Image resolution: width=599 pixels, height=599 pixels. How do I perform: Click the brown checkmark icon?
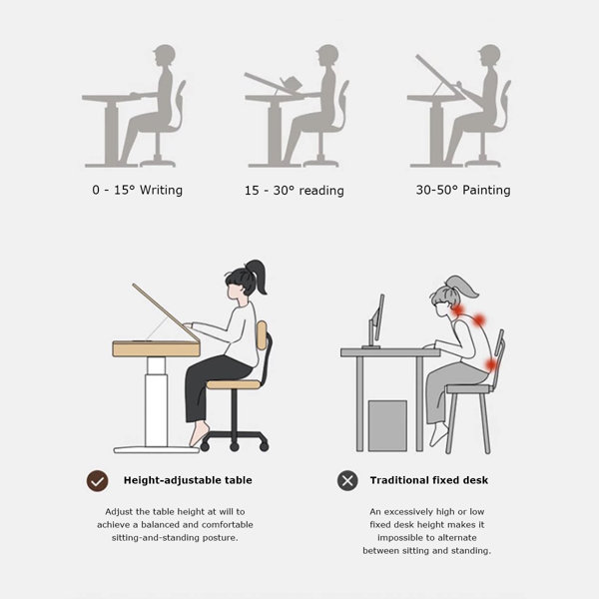tap(97, 480)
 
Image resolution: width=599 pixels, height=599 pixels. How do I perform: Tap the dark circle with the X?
tap(347, 480)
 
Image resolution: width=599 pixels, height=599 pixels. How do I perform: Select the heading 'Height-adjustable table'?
tap(188, 480)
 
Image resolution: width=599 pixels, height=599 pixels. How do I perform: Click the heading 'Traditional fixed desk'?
tap(428, 480)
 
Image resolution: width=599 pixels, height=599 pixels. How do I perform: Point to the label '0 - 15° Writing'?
tap(137, 190)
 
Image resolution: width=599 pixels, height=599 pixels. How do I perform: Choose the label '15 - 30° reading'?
tap(295, 191)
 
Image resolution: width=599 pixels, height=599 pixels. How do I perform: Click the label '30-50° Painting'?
tap(463, 190)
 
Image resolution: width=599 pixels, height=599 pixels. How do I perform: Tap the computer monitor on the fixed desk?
tap(376, 320)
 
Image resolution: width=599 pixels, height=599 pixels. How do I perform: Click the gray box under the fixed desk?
tap(387, 425)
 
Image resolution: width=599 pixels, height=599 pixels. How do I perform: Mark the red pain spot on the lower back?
tap(491, 364)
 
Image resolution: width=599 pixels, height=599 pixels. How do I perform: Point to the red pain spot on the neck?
tap(457, 309)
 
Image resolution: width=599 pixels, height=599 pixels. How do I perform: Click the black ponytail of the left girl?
tap(258, 276)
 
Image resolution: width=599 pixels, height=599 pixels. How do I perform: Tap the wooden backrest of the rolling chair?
tap(262, 335)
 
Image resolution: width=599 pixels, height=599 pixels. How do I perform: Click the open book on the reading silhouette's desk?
tap(291, 83)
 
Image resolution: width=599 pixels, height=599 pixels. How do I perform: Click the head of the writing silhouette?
tap(165, 55)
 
